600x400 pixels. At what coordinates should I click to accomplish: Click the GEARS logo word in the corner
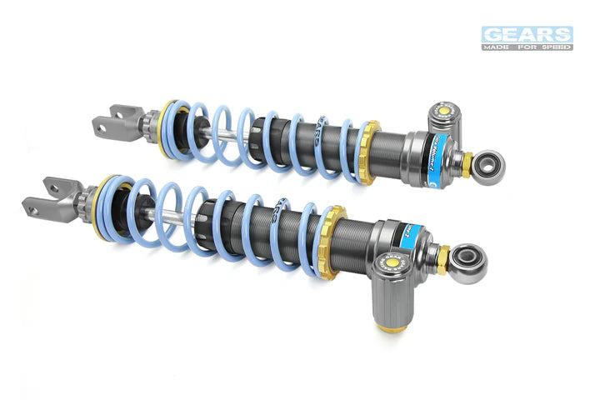click(527, 34)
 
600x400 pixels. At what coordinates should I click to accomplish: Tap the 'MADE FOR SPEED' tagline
click(527, 47)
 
